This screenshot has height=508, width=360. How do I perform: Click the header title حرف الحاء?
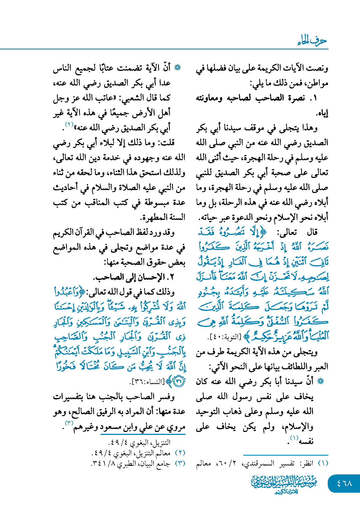[312, 41]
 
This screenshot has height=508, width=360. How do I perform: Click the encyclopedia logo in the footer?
[284, 484]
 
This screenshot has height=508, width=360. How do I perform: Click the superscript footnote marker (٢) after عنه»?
[69, 125]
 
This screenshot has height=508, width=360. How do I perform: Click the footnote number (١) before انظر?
[323, 463]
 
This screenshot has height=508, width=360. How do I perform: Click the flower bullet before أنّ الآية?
[177, 68]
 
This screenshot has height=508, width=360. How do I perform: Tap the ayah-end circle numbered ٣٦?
[179, 381]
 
